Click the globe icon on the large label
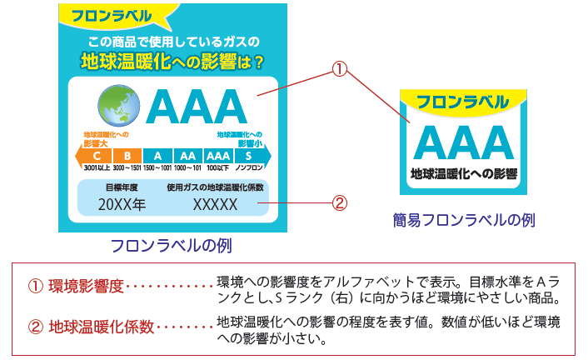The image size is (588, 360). [120, 106]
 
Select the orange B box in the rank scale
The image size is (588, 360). [127, 155]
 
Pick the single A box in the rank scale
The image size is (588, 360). [157, 155]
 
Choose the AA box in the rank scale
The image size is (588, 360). [187, 155]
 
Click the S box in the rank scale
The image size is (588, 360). [247, 155]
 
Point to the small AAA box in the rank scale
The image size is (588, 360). [217, 155]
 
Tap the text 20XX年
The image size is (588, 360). [122, 204]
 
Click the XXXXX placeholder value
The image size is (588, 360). [215, 204]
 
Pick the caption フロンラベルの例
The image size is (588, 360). [171, 246]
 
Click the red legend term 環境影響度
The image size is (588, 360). [86, 286]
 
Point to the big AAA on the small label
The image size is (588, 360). [462, 142]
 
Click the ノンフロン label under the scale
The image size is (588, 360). [249, 168]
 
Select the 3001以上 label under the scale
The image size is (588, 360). [97, 168]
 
